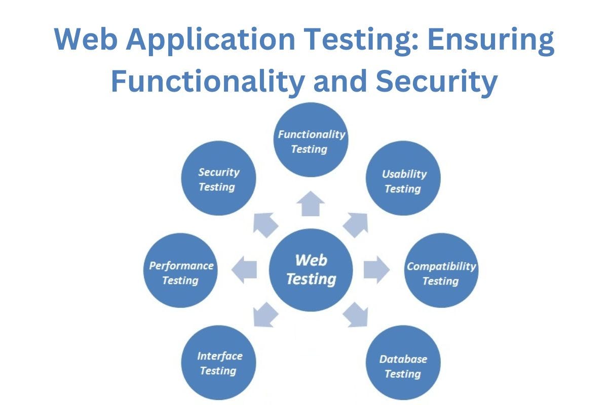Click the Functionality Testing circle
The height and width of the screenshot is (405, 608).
click(x=310, y=140)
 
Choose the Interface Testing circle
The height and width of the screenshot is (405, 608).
click(x=219, y=363)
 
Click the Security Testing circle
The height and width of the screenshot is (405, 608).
click(x=219, y=178)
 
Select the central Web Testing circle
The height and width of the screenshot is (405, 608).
click(x=311, y=269)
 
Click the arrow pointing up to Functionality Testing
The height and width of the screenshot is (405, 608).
click(x=310, y=204)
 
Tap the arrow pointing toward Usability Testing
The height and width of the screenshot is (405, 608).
click(x=356, y=224)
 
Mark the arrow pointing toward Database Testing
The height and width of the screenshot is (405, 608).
click(x=356, y=314)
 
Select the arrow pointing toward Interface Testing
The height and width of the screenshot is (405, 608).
click(x=265, y=314)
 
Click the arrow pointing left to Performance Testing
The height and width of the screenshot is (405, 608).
click(x=245, y=269)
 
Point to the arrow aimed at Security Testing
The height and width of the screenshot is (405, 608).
click(x=265, y=223)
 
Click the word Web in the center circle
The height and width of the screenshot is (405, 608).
click(x=311, y=260)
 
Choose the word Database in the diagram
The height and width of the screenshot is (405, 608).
click(x=403, y=359)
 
